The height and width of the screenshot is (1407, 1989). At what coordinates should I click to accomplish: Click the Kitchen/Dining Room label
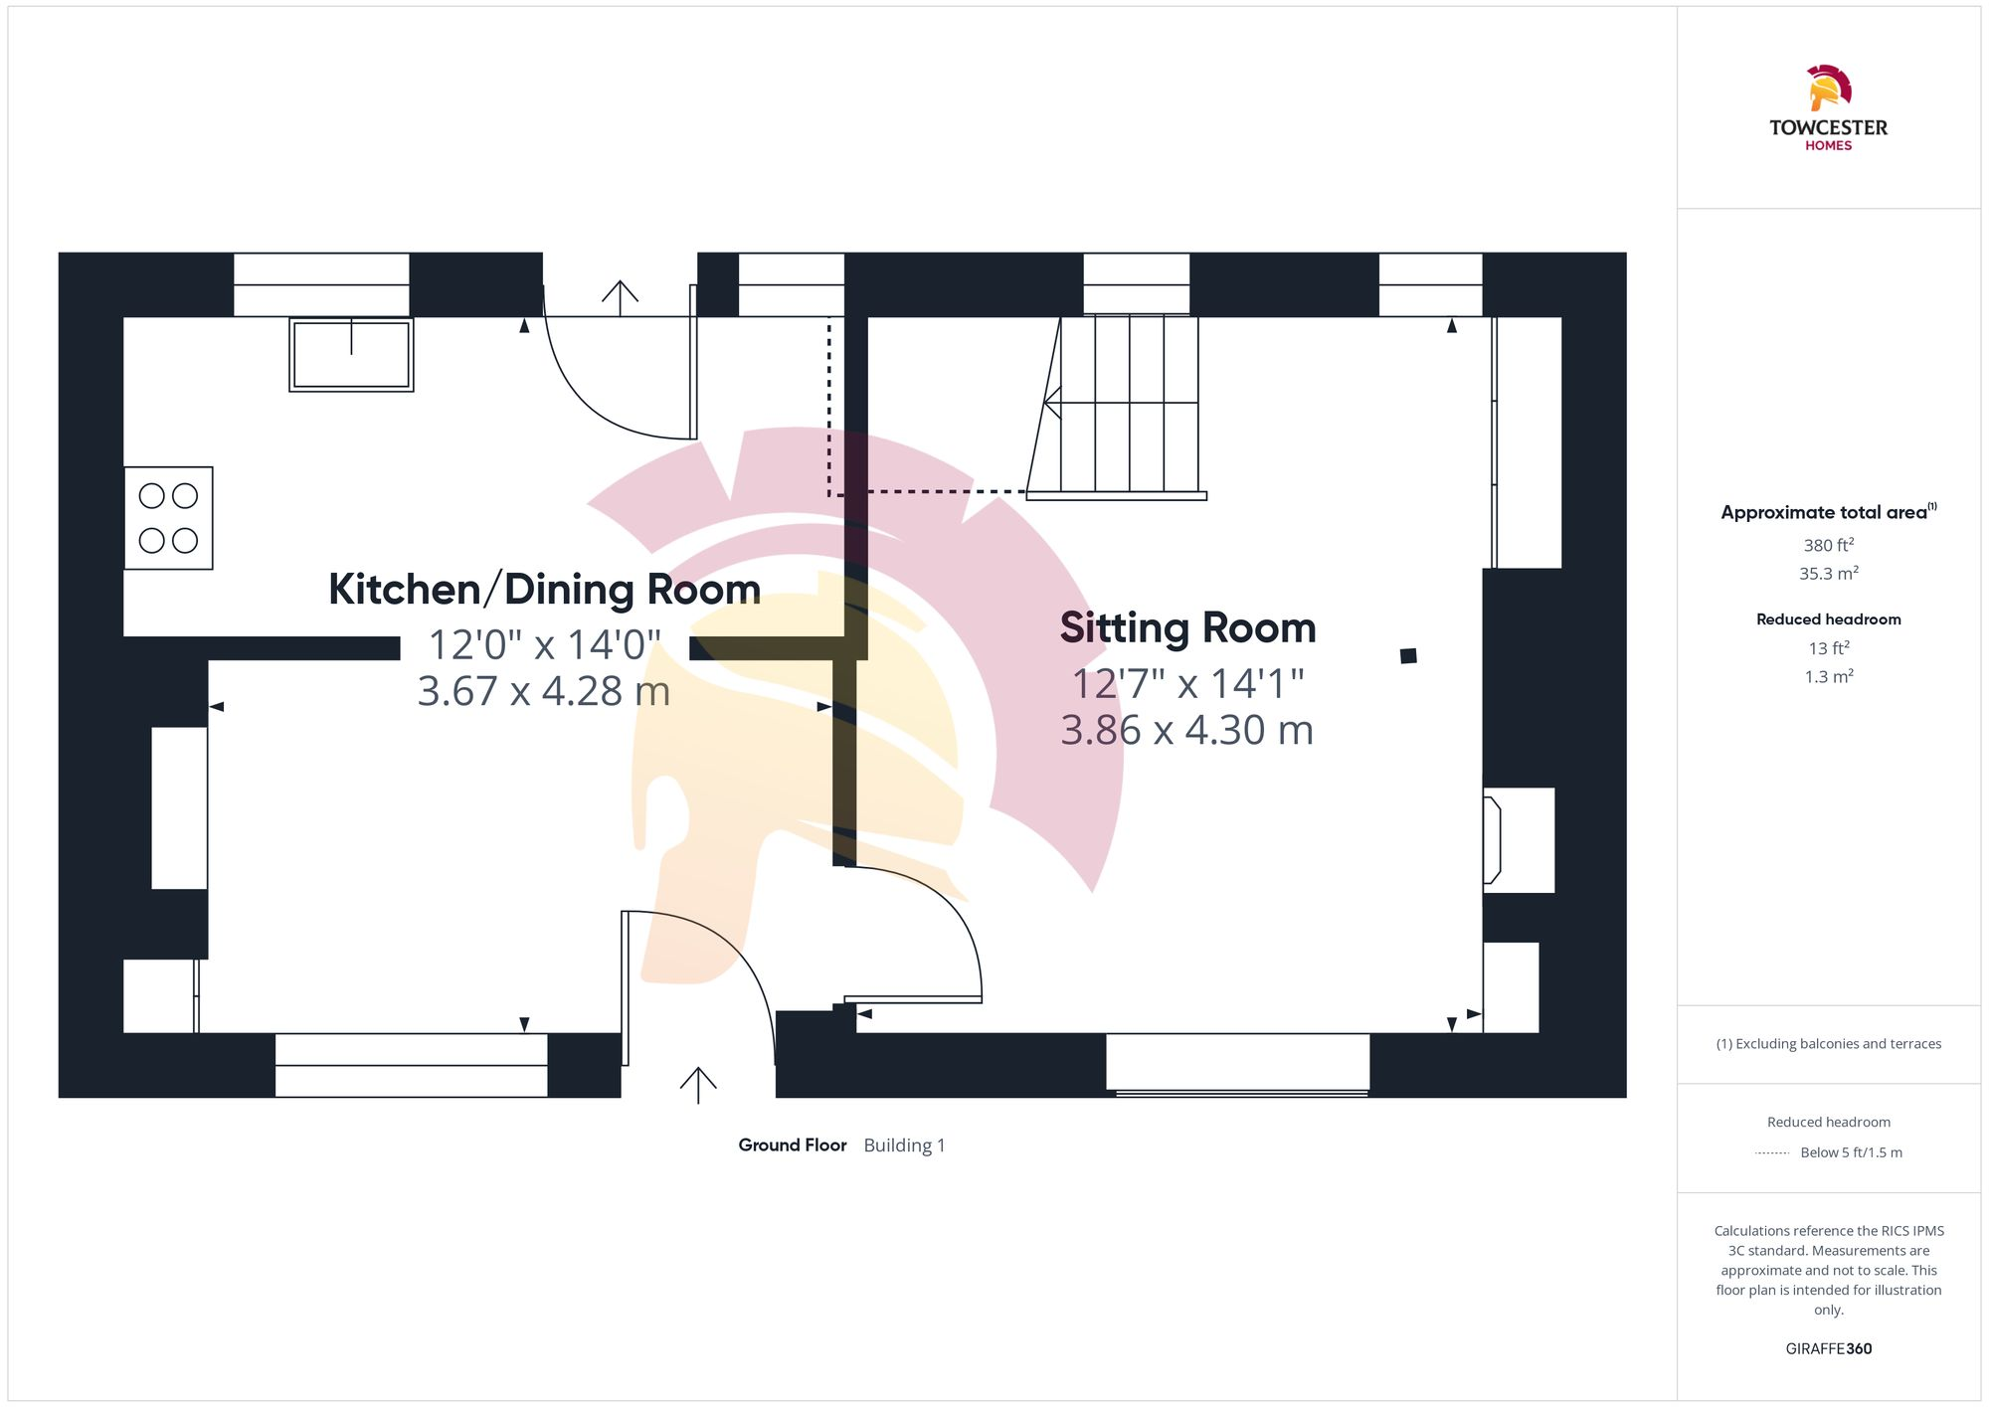click(x=544, y=590)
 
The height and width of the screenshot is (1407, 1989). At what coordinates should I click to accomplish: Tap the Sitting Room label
click(x=1187, y=628)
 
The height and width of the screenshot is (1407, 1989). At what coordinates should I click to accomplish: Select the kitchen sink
click(x=351, y=354)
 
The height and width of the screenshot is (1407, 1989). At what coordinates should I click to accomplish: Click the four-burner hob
click(x=168, y=518)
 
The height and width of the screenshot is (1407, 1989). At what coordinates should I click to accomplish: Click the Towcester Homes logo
click(x=1828, y=108)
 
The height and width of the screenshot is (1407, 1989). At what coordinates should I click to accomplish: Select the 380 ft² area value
click(x=1828, y=545)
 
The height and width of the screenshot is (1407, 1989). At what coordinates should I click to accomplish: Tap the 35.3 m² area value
click(x=1828, y=574)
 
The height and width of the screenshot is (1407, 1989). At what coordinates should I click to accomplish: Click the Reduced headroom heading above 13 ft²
click(x=1828, y=619)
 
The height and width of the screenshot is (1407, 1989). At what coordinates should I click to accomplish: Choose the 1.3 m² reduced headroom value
click(x=1828, y=677)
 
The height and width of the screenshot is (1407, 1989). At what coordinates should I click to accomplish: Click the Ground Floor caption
click(x=792, y=1145)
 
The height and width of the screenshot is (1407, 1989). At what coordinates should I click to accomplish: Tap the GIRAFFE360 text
click(x=1828, y=1349)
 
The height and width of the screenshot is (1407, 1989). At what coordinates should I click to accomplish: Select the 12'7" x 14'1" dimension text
click(x=1187, y=684)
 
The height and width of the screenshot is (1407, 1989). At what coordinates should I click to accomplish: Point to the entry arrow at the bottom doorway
click(x=698, y=1084)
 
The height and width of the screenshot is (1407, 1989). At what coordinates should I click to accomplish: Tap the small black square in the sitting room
click(x=1408, y=656)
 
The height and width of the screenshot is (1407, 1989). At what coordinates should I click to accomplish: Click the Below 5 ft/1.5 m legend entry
click(x=1850, y=1153)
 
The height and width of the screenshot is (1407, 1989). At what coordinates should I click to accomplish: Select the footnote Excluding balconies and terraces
click(x=1828, y=1044)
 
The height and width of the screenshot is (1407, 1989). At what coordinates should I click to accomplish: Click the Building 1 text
click(x=904, y=1145)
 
